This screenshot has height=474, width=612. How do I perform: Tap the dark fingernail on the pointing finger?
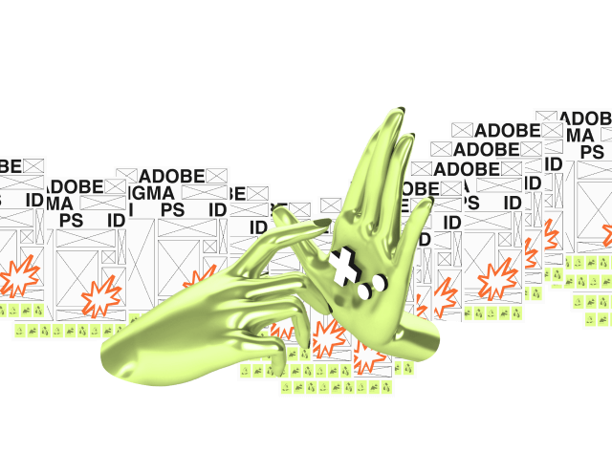314,221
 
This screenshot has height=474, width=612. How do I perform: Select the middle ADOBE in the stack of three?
486,149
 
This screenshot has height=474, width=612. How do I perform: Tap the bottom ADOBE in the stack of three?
468,169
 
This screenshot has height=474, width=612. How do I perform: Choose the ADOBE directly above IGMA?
172,176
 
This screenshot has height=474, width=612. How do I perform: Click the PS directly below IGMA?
172,210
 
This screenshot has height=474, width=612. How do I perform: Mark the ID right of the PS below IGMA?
218,210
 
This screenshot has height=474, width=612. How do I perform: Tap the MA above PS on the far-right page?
579,134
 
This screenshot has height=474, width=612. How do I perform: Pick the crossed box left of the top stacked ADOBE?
463,130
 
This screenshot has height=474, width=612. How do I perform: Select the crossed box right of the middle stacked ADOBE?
532,149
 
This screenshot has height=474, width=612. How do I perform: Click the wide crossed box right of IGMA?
202,193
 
